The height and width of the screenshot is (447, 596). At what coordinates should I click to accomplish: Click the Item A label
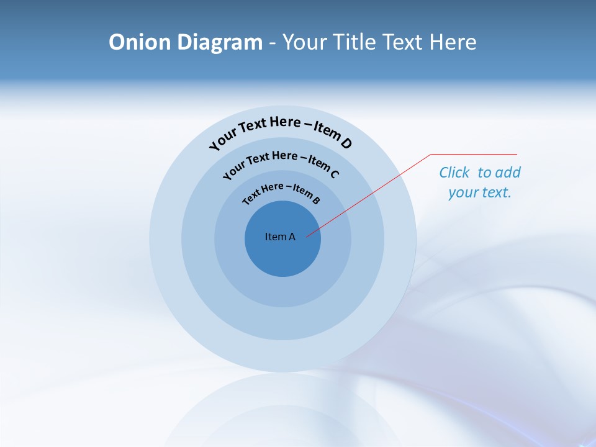(280, 237)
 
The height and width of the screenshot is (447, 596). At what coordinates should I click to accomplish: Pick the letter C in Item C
(334, 174)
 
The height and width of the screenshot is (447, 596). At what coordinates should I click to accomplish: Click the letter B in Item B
(316, 200)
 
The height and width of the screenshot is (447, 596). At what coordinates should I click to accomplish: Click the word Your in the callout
(463, 192)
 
